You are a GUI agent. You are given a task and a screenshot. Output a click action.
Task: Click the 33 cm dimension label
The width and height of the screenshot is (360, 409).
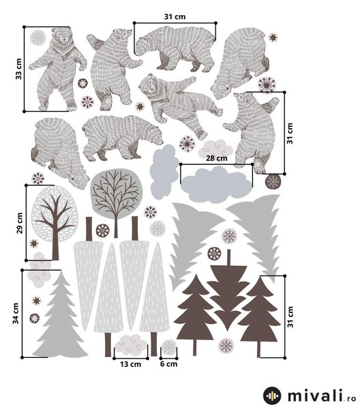(x=19, y=69)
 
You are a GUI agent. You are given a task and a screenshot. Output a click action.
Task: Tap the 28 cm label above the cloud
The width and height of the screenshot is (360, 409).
(x=217, y=158)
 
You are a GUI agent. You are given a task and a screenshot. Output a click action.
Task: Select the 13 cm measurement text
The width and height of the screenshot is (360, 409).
(x=130, y=364)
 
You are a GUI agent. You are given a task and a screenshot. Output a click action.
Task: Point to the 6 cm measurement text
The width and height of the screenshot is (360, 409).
(x=168, y=364)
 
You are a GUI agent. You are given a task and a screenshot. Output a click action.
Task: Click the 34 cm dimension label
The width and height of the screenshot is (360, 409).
(x=16, y=314)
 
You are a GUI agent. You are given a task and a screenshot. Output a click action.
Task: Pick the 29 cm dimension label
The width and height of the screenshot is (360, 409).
(x=20, y=223)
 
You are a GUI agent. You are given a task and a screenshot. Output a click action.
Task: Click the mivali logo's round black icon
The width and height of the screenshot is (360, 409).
(x=272, y=395)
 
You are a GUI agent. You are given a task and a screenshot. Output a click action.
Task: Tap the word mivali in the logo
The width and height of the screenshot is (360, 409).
(x=315, y=395)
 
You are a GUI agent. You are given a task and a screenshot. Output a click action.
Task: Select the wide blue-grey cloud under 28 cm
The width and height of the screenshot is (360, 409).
(x=216, y=185)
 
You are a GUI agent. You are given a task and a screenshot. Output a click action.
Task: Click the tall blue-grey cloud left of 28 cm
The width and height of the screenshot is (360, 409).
(x=164, y=172)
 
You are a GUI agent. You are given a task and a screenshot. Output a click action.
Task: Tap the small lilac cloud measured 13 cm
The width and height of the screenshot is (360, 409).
(x=131, y=345)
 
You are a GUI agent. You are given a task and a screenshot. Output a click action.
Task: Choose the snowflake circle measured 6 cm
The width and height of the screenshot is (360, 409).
(x=169, y=348)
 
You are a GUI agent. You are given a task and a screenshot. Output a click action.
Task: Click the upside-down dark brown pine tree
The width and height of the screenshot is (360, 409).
(x=228, y=290)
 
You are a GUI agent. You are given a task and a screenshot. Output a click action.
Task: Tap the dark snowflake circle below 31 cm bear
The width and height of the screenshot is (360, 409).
(x=273, y=181)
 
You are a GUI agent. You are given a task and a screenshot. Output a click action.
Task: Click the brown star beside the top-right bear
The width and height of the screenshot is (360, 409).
(x=273, y=37)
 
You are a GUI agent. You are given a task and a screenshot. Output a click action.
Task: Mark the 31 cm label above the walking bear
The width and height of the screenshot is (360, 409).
(x=175, y=16)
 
